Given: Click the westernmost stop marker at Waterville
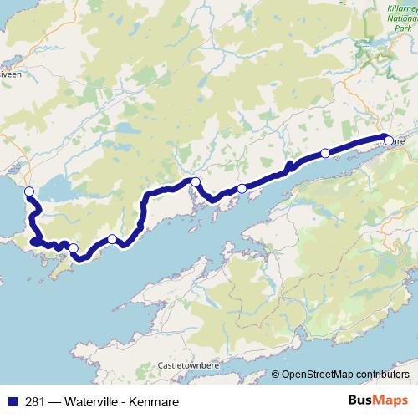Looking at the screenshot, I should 29,192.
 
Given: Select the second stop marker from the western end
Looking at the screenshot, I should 74,247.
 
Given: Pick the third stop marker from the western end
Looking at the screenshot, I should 112,239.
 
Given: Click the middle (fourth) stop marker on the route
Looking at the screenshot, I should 195,181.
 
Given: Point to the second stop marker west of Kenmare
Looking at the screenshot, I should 242,189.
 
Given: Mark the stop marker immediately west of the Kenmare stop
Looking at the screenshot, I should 325,153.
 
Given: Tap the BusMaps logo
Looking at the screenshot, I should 378,400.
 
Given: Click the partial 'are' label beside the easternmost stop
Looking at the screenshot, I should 399,142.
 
